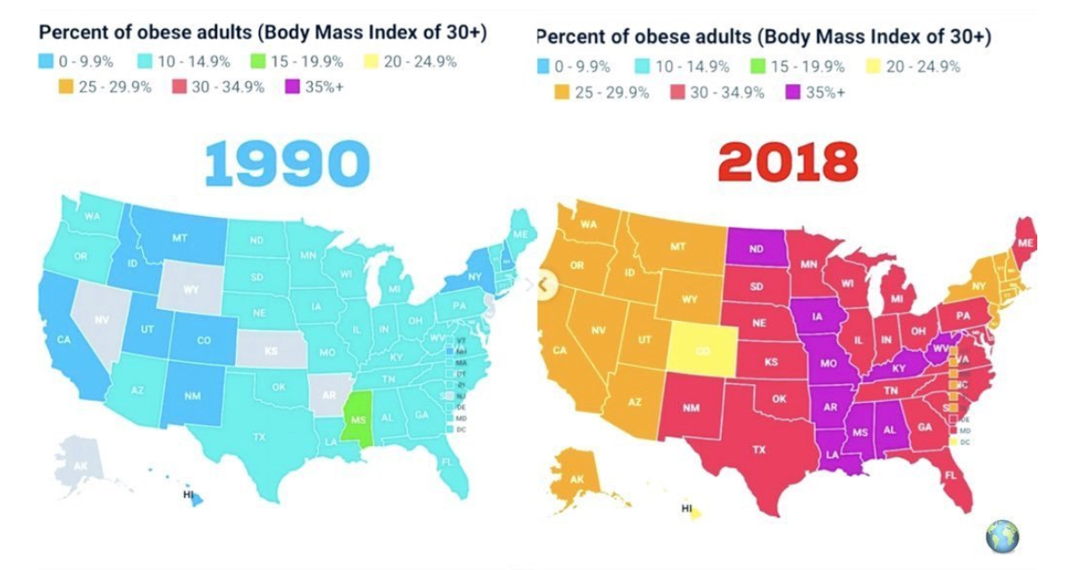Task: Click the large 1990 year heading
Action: pyautogui.click(x=286, y=163)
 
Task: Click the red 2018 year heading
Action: pyautogui.click(x=787, y=163)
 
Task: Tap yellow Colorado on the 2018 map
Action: pyautogui.click(x=703, y=350)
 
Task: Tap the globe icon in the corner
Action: pyautogui.click(x=1002, y=536)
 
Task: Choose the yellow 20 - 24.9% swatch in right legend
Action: pyautogui.click(x=876, y=66)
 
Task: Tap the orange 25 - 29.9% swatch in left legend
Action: pyautogui.click(x=63, y=88)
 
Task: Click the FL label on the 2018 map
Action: pyautogui.click(x=950, y=474)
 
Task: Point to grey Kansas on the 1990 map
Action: pyautogui.click(x=269, y=351)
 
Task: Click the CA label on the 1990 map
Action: pyautogui.click(x=63, y=339)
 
